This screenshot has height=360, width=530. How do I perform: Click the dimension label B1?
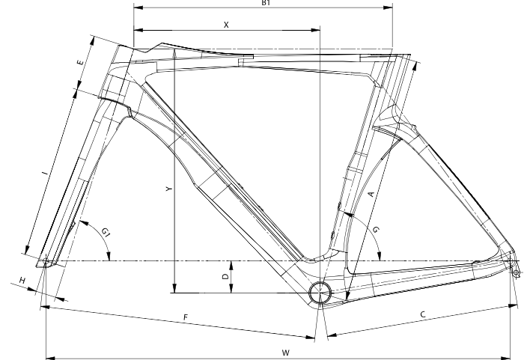(x=266, y=3)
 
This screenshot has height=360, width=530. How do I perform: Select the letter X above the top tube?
(x=226, y=25)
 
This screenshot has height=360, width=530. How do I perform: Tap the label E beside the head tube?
(x=79, y=64)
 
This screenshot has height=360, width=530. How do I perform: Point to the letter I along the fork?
(x=46, y=174)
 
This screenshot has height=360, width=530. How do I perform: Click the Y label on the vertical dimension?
(x=169, y=190)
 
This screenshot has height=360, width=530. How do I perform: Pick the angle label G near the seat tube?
(x=376, y=229)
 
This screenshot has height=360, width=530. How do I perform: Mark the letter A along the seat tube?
(x=371, y=193)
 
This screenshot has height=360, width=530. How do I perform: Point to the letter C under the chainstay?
(x=423, y=316)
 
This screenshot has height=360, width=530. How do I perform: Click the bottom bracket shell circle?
(x=320, y=292)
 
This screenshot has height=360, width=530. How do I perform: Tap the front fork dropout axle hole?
(x=46, y=262)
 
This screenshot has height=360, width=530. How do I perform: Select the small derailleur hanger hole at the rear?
(x=516, y=272)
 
